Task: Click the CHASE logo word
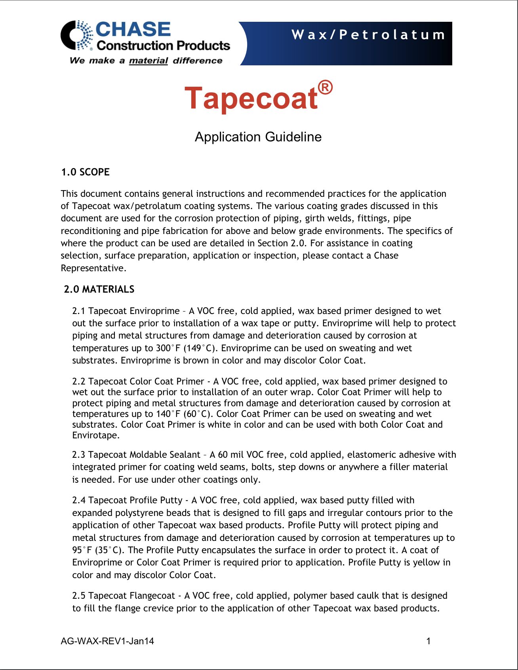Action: tap(133, 30)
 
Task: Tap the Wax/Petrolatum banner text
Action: tap(368, 35)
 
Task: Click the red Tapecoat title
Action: tap(251, 98)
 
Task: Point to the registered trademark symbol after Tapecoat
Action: tap(325, 88)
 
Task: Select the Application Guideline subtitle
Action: tap(258, 137)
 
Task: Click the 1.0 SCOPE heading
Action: tap(85, 172)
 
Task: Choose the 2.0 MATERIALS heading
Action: tap(99, 289)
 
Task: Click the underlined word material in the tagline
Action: tap(149, 61)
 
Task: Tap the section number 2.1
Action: tap(78, 311)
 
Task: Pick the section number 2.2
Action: tap(78, 381)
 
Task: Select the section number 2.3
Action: tap(78, 455)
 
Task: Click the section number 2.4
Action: tap(78, 500)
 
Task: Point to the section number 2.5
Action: tap(78, 596)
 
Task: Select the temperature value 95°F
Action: tap(82, 550)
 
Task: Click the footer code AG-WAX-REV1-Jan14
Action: tap(107, 641)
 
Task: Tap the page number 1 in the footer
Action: tap(428, 641)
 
